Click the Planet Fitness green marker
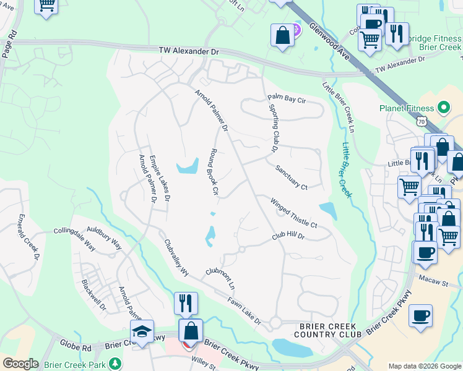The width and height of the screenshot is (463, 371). (x=443, y=108)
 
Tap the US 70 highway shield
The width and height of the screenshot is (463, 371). (x=422, y=122)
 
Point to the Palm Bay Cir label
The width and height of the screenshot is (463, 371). (x=287, y=99)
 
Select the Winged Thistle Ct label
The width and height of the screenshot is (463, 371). (x=293, y=213)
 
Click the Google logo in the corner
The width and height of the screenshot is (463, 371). (x=20, y=364)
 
